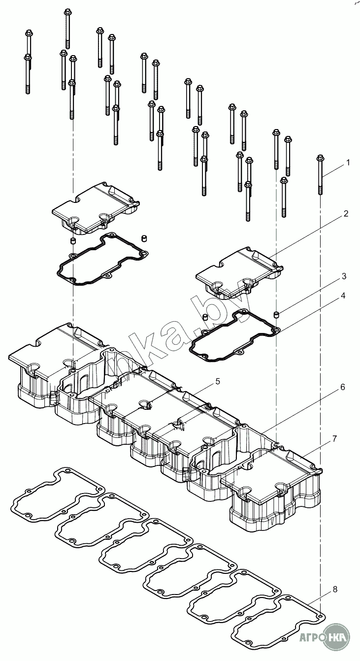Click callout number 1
[348, 162]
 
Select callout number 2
[346, 213]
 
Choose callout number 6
[342, 387]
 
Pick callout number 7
[334, 438]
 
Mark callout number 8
[335, 589]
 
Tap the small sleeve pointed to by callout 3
[276, 314]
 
